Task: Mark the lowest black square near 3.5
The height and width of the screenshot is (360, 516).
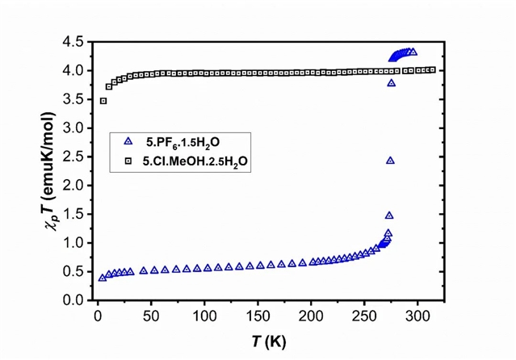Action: pyautogui.click(x=103, y=101)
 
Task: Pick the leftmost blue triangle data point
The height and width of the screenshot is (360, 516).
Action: pyautogui.click(x=103, y=278)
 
